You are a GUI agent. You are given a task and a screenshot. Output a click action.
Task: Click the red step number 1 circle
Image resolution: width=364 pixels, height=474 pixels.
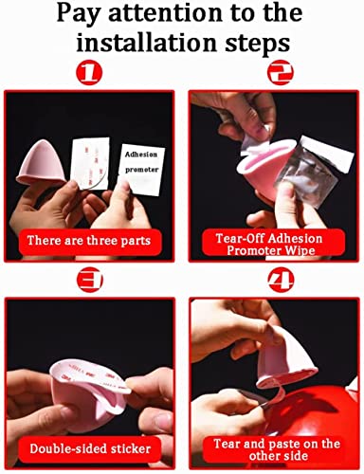point(89,72)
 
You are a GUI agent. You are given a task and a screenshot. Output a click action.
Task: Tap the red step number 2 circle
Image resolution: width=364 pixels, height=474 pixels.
point(281,72)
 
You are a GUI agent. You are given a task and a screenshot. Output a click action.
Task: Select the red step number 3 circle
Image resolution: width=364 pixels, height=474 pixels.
point(90,280)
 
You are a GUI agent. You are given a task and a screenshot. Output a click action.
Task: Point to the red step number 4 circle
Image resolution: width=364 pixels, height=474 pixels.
point(281,280)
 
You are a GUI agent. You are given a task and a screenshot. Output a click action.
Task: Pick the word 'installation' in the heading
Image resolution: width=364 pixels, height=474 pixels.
point(146,43)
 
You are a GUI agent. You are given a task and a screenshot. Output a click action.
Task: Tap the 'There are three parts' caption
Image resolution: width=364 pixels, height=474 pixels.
point(89,241)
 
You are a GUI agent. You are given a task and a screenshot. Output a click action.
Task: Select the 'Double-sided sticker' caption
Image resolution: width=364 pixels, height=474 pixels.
point(90,448)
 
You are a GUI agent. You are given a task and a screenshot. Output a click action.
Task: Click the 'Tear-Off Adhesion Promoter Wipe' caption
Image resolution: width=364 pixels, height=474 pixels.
point(269,245)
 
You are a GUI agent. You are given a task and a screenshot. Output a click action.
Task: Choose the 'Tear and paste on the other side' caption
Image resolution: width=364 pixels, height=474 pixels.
point(277,449)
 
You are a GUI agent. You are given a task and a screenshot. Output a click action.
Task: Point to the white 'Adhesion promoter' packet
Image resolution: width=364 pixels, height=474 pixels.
point(141,169)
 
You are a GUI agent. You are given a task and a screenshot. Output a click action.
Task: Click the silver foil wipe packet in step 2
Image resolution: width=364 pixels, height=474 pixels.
point(311,171)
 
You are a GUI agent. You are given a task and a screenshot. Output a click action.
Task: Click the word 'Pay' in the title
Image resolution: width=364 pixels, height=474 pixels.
point(78,13)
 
